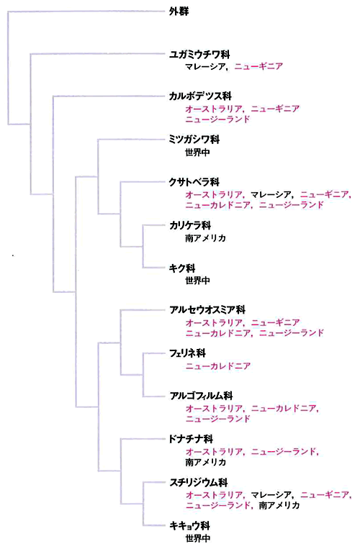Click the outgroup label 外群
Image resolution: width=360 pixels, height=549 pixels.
pos(179,12)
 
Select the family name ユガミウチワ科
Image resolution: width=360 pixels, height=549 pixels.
pos(199,54)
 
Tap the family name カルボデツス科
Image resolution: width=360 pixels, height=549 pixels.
pos(200,96)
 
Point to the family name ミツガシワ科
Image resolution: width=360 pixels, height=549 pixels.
pos(194,140)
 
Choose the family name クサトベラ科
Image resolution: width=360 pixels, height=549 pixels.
pos(194,182)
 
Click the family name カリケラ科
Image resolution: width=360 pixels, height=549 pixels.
pos(190,225)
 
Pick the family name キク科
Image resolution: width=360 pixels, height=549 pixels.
pos(182,268)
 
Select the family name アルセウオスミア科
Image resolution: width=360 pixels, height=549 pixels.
pos(207,310)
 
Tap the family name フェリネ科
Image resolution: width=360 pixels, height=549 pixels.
pos(187,353)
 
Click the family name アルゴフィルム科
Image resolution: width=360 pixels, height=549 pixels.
pos(201,396)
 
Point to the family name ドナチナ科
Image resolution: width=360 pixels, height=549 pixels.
pos(191,439)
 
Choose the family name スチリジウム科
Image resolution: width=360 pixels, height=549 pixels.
pos(199,483)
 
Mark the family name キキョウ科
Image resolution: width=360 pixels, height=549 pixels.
pos(189,525)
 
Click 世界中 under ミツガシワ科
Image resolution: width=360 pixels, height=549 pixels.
pos(198,153)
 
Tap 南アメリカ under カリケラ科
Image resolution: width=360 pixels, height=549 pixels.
pos(206,238)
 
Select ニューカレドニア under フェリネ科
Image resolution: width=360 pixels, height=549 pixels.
pos(218,366)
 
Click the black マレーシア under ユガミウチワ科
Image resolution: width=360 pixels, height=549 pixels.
pos(205,66)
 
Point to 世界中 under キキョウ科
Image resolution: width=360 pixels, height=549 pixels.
pos(198,538)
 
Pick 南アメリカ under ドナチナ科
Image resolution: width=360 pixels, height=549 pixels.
pos(206,462)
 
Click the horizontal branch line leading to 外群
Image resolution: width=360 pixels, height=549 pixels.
pos(86,12)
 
